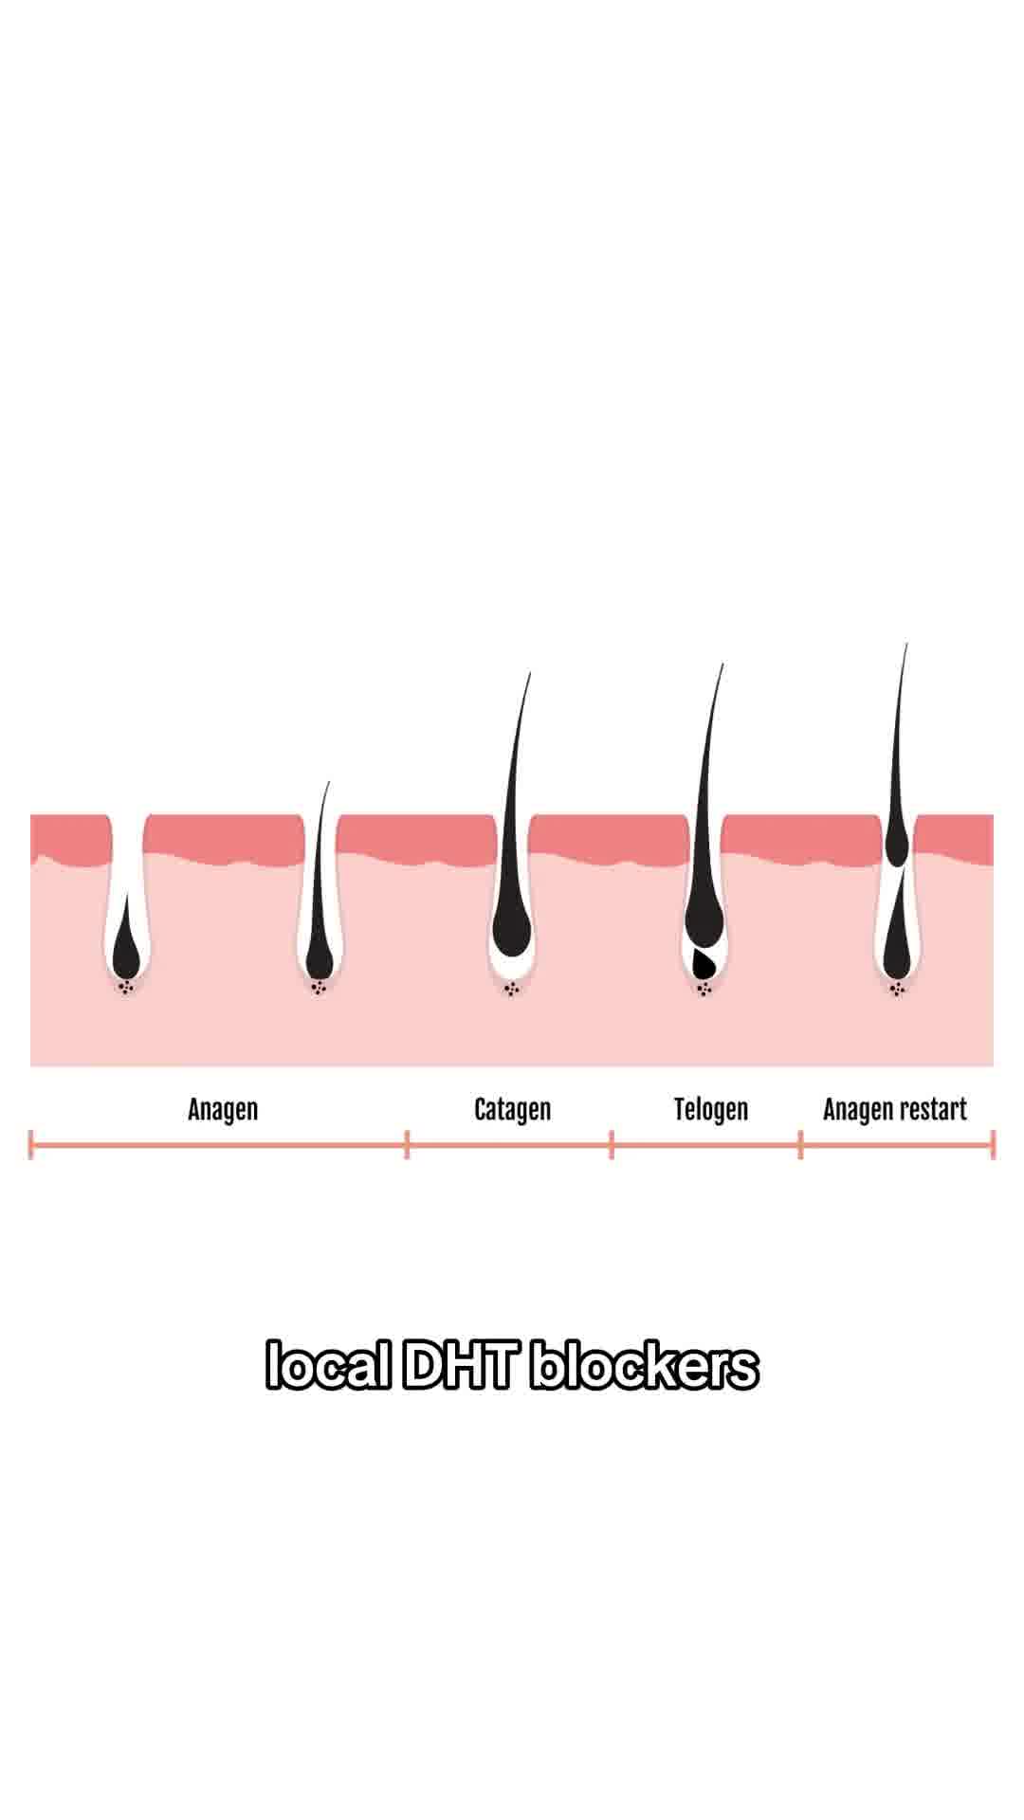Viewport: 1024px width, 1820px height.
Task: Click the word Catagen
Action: (x=512, y=1109)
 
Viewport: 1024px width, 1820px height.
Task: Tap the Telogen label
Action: (x=711, y=1109)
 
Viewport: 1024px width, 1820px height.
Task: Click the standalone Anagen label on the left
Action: (x=223, y=1109)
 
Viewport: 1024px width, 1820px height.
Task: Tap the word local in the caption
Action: (x=328, y=1366)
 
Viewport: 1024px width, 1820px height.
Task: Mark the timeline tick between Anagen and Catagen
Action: (x=408, y=1144)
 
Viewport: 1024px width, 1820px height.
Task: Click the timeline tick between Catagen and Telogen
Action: (x=612, y=1144)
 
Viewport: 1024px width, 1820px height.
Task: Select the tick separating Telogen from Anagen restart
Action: (x=801, y=1144)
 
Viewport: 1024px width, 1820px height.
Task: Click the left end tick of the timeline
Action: (x=31, y=1144)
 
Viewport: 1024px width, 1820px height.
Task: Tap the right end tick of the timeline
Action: (x=993, y=1144)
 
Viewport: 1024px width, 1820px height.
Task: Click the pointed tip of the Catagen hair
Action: (x=530, y=673)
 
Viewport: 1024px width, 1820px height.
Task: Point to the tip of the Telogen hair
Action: (x=723, y=664)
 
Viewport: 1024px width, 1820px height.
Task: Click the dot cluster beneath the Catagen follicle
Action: (x=512, y=990)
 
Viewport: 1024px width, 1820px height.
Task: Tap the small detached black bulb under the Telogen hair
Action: (x=704, y=963)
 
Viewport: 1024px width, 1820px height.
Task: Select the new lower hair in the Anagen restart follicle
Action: (x=897, y=934)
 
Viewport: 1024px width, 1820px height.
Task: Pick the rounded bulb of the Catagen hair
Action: (x=512, y=929)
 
